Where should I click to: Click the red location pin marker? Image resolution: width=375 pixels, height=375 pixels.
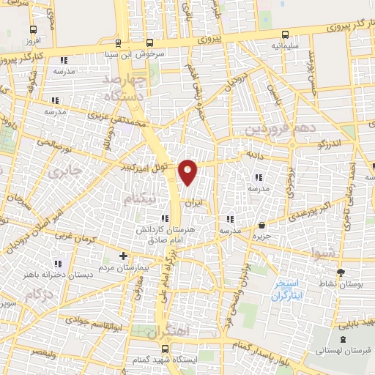click(188, 171)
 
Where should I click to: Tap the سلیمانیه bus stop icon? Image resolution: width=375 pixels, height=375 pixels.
click(283, 34)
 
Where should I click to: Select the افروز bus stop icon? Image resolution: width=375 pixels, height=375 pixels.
click(33, 30)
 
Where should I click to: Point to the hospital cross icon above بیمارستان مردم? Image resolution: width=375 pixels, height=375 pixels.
click(123, 257)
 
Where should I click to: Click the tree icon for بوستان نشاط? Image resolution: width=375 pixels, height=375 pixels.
click(340, 272)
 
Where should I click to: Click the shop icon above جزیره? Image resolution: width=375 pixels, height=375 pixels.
click(261, 225)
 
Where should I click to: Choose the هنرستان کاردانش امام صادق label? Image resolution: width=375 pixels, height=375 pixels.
click(167, 234)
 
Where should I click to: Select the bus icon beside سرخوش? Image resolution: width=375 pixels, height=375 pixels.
click(150, 42)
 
